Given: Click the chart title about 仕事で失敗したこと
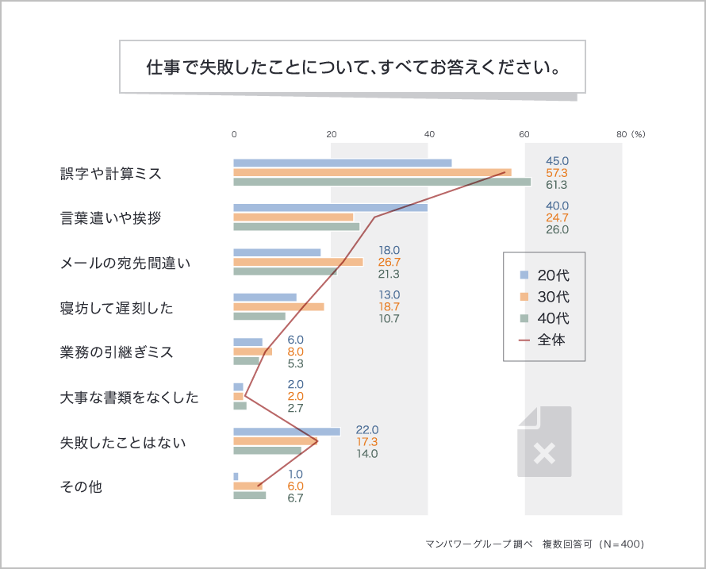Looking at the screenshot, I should pos(353,67).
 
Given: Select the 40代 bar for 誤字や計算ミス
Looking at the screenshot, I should pos(382,182).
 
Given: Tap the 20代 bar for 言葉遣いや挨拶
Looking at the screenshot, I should pos(330,208).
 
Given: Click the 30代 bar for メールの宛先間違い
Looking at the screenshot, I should pos(297,262).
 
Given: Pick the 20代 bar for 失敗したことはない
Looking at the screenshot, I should pos(286,432).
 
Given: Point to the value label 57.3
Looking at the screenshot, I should pos(557,173).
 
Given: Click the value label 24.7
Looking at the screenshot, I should pos(557,217).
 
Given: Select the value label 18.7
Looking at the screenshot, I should pos(389,306).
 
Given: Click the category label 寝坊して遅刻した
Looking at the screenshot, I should pos(116,307).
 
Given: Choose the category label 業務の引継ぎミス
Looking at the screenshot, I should pos(116,352).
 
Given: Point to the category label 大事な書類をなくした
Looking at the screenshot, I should pos(129,397).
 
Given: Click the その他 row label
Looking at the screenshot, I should pos(81,486).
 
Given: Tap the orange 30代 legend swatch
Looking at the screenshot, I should pos(524,298).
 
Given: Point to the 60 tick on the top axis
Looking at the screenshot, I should pos(524,134).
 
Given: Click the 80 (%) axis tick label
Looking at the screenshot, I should pos(631,134).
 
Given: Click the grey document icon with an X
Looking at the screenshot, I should pos(544,442).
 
